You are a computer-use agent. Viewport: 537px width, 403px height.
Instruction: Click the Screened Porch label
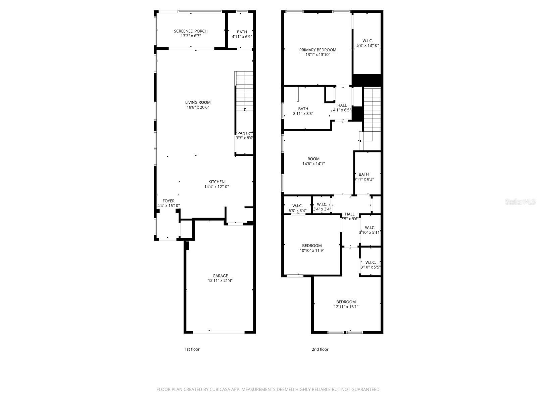click(191, 31)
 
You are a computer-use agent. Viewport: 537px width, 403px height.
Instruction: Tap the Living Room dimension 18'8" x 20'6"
click(198, 107)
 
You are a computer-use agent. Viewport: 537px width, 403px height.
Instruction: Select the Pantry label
click(245, 133)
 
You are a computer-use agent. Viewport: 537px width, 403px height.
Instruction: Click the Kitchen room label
click(216, 182)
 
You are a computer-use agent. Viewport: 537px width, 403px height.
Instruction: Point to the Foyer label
click(168, 201)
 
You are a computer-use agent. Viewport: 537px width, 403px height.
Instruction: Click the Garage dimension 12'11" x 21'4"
click(220, 281)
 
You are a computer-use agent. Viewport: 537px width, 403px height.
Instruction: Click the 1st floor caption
click(192, 349)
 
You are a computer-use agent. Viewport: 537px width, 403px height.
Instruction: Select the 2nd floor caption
click(320, 349)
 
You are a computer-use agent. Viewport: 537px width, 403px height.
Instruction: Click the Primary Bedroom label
click(318, 50)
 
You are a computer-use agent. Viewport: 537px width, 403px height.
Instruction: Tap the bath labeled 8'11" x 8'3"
click(303, 111)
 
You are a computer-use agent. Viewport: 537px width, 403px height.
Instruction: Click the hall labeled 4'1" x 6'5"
click(342, 107)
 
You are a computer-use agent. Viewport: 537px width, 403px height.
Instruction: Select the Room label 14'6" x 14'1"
click(313, 161)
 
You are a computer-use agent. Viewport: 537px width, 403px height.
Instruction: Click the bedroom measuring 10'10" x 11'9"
click(312, 248)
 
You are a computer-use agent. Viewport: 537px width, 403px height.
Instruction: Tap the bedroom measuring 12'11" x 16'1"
click(346, 304)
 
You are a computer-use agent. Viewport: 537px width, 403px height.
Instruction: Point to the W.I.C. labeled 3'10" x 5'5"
click(370, 265)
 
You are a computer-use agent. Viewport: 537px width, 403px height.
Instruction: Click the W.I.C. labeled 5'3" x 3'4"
click(297, 208)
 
